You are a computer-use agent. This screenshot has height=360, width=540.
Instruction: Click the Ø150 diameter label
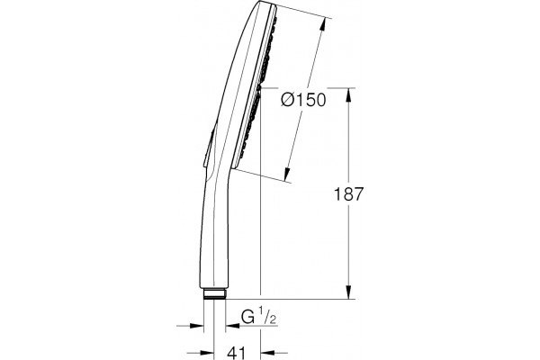(x=303, y=100)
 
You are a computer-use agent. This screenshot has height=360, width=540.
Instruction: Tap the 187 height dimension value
(x=349, y=194)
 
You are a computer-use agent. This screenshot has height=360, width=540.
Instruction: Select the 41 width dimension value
(x=238, y=353)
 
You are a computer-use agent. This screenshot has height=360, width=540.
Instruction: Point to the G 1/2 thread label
(x=258, y=317)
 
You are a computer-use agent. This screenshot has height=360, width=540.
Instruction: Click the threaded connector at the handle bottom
(x=214, y=294)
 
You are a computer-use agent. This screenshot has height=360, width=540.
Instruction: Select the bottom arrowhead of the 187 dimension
(x=349, y=292)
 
